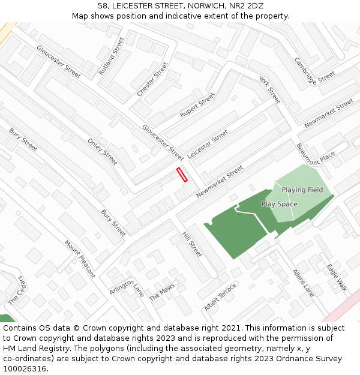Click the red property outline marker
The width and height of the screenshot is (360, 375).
tap(182, 175)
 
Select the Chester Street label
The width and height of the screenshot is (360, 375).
tap(152, 79)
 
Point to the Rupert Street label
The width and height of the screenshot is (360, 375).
tap(197, 106)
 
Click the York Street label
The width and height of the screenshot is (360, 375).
tap(270, 89)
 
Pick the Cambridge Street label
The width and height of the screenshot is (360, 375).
tap(314, 71)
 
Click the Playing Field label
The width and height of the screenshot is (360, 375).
tap(302, 190)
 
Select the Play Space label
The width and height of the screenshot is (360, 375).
tap(279, 204)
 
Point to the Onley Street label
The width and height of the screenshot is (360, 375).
tap(103, 152)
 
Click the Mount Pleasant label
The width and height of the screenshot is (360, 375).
tap(80, 259)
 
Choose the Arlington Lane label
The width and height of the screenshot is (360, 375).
tap(127, 287)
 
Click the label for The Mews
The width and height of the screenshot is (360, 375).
tap(162, 292)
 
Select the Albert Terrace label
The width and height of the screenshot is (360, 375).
tap(220, 298)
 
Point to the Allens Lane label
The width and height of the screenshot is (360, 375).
tap(303, 283)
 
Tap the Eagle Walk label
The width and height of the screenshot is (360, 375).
tap(337, 277)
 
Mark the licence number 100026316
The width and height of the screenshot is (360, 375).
tap(26, 369)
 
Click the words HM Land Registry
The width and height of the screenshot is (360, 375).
tap(37, 349)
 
